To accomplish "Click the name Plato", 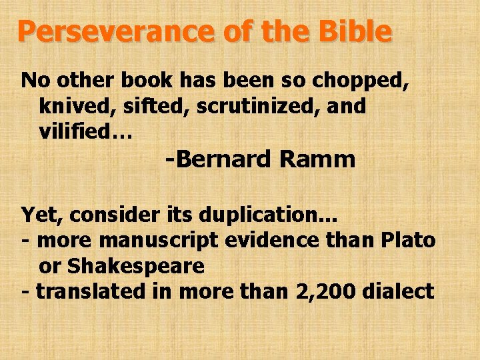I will coord(408,240).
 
